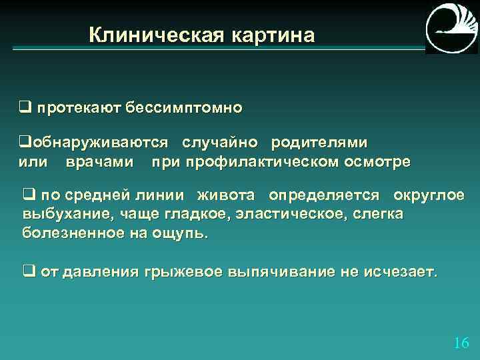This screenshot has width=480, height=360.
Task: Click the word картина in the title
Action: point(273,35)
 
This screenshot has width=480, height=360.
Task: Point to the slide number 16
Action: point(461,343)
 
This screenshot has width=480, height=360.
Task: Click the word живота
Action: point(225,195)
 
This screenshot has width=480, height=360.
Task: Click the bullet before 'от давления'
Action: point(29,272)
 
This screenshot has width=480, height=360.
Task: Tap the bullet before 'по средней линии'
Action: point(29,195)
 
